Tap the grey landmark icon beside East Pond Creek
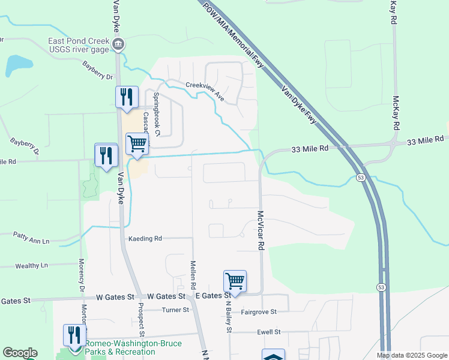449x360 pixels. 118,44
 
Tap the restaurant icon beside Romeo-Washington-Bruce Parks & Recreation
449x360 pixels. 74,335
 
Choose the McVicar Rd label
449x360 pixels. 261,226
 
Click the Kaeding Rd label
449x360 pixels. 145,238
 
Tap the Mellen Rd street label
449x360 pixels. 193,272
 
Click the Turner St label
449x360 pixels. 176,310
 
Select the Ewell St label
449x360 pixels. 268,332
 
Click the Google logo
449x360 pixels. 20,353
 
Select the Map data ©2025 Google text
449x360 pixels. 411,355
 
